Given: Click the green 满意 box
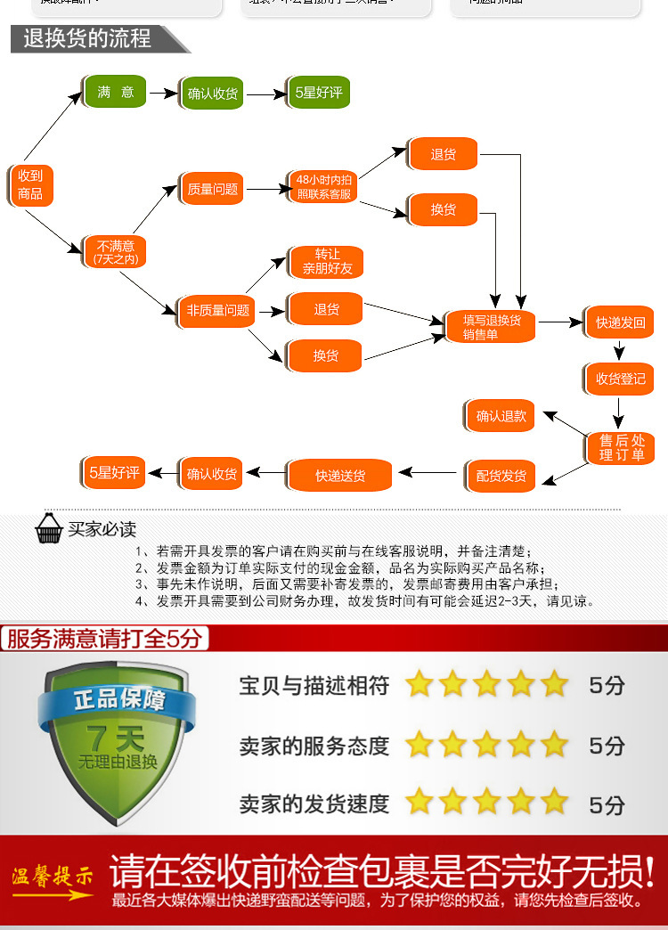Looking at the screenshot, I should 115,93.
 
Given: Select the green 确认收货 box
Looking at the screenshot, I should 213,93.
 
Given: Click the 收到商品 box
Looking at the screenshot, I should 30,185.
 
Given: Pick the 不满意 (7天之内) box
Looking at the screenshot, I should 115,251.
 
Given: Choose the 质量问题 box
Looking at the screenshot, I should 213,189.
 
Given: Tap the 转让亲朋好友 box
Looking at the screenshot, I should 327,261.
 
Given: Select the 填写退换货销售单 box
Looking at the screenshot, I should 492,327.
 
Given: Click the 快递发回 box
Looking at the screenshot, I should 621,322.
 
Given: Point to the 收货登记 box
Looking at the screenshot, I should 621,379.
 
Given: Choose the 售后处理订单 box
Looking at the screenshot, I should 621,447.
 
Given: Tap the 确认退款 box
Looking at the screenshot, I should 501,416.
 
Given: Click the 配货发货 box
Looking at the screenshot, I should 501,476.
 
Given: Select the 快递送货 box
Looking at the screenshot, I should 340,476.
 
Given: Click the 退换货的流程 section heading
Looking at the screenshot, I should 87,39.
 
